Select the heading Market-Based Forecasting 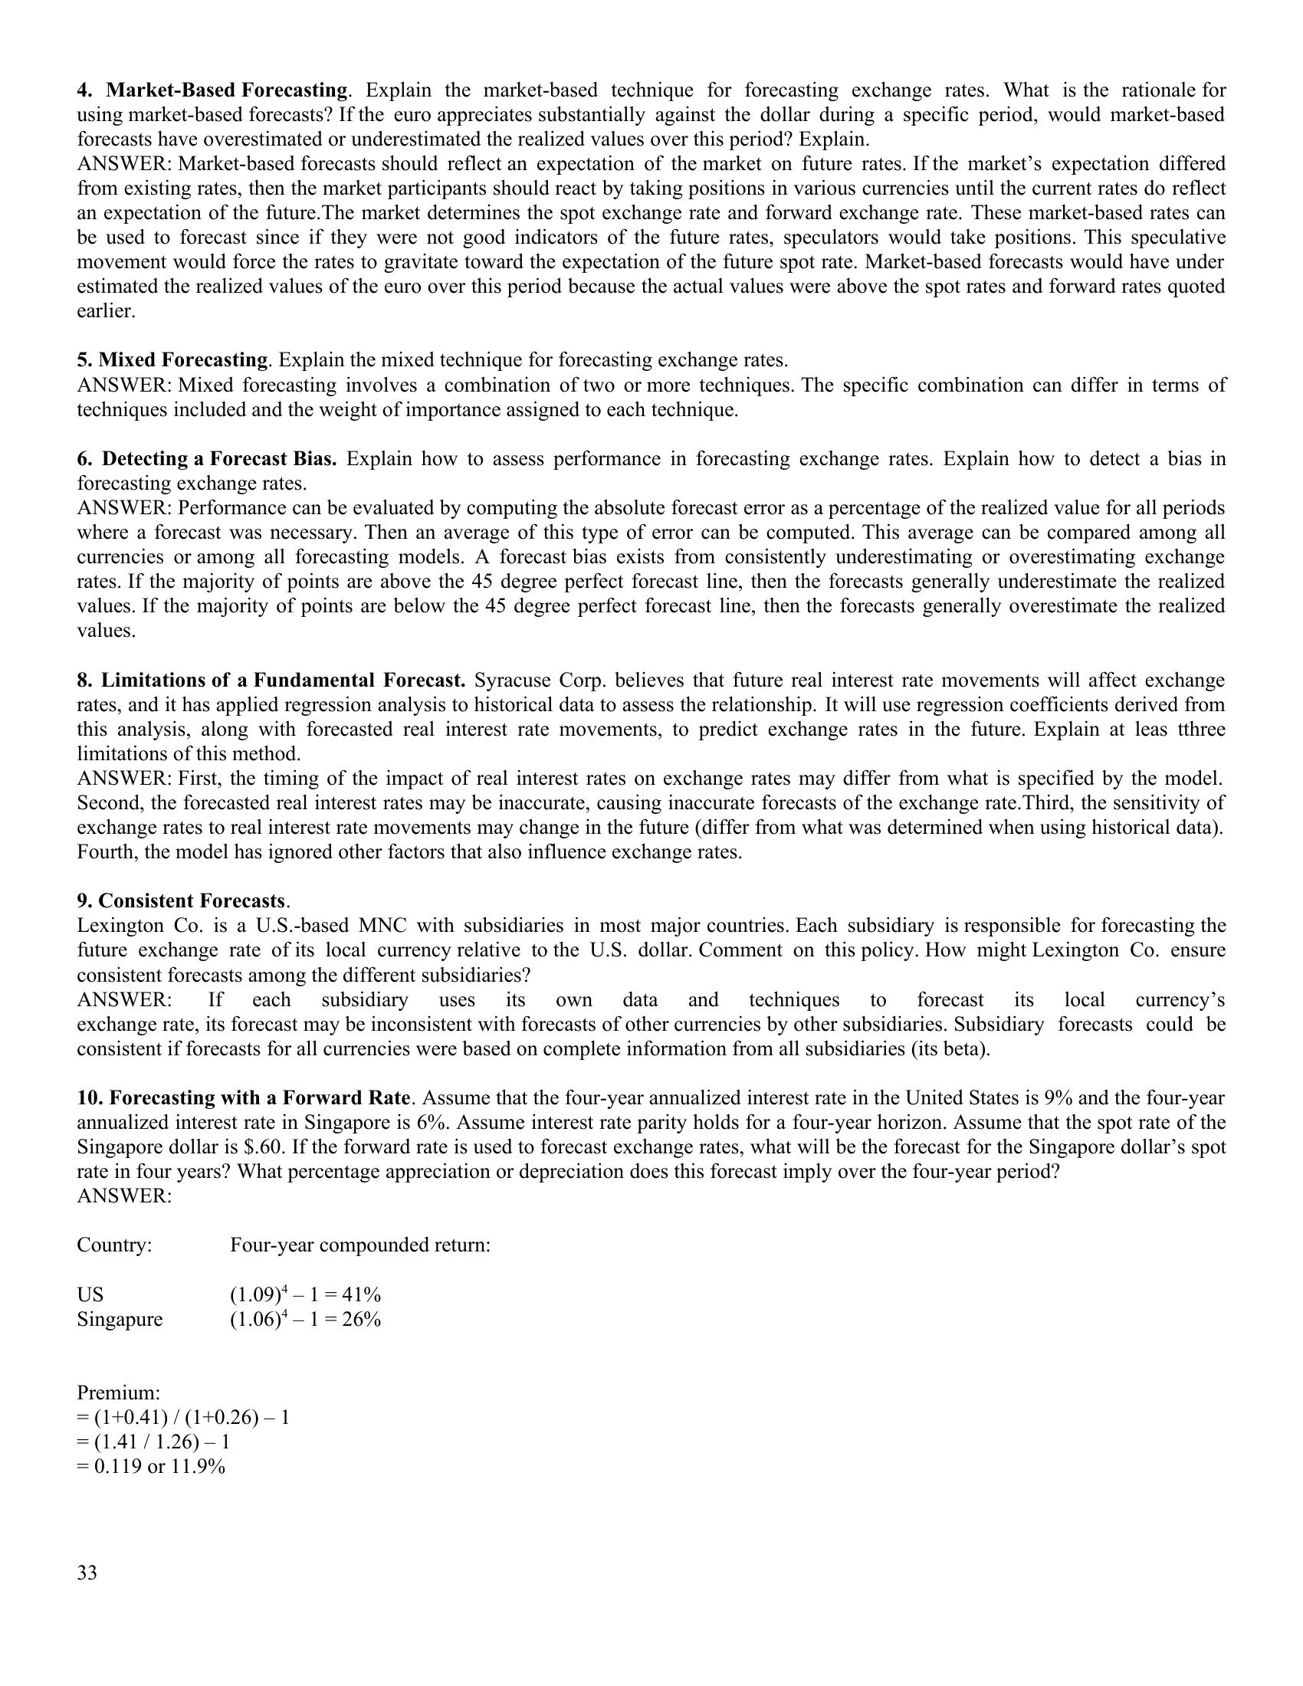[x=226, y=90]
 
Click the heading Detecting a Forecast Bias [x=219, y=458]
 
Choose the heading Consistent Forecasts [x=192, y=901]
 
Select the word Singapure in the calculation [x=120, y=1320]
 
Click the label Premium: [x=118, y=1392]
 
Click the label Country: [x=114, y=1245]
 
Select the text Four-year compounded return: [x=359, y=1245]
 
